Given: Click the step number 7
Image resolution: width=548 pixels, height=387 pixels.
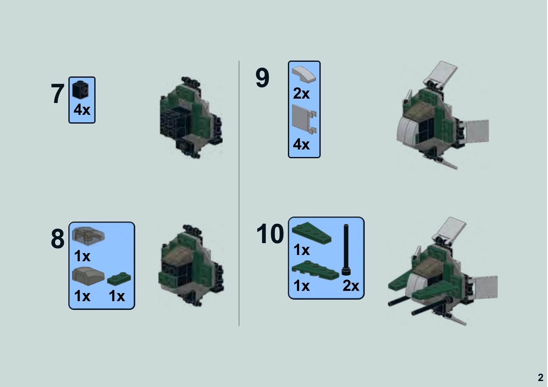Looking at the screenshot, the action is tap(57, 94).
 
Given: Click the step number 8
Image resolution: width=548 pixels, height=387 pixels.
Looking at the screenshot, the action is tap(57, 239).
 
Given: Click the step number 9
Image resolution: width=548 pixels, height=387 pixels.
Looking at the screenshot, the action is tap(262, 78).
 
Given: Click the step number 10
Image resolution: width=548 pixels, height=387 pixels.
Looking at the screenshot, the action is tap(270, 234).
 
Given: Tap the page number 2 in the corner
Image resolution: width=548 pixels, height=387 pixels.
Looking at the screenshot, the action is tap(541, 378).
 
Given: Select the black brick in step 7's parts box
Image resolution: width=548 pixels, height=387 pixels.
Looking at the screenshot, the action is tap(81, 90).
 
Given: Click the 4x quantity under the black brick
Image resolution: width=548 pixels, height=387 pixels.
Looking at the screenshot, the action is tap(82, 110).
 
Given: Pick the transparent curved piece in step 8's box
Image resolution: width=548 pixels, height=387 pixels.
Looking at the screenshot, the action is tap(88, 235).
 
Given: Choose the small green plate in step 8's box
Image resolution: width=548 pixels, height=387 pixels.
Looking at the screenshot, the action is tap(119, 278).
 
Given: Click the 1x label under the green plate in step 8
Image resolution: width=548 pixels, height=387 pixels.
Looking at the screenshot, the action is tap(116, 296).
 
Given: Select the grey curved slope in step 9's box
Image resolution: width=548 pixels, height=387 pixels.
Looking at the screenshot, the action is tap(304, 74).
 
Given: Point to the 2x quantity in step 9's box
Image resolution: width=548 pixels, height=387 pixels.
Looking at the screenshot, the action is tap(301, 93).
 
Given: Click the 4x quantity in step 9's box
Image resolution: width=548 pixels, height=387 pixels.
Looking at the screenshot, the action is tap(301, 145).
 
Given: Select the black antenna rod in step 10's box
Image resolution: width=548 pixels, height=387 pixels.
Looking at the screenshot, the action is tap(346, 250).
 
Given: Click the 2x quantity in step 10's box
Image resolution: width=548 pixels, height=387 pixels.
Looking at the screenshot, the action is tap(351, 286).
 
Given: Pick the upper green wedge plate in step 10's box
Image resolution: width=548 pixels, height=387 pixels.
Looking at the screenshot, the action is tap(312, 233).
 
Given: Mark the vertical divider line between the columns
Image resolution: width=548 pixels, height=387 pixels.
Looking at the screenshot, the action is tap(239, 193).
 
